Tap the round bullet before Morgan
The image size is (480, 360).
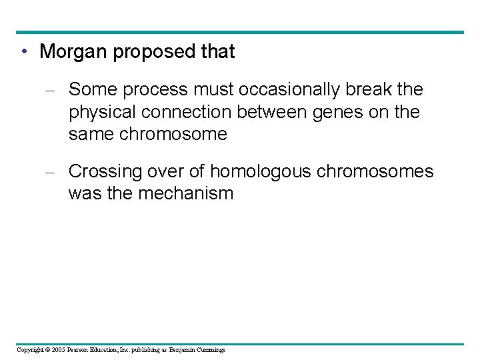click(24, 52)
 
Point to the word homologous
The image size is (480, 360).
click(261, 172)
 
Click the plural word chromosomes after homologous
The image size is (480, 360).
click(375, 172)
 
